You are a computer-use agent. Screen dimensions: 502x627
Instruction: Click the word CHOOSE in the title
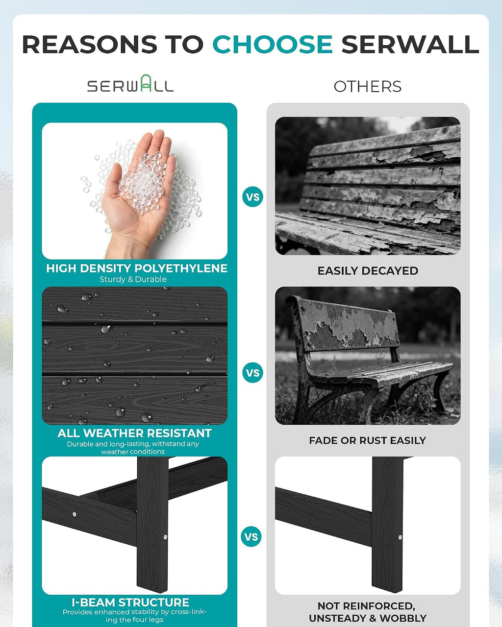click(x=273, y=44)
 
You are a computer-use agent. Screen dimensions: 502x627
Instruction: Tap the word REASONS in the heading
click(x=90, y=44)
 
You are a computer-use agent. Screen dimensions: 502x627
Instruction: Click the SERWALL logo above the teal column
click(x=130, y=84)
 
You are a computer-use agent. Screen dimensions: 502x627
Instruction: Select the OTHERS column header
click(x=368, y=87)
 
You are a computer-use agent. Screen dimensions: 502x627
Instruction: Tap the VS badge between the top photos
click(x=252, y=196)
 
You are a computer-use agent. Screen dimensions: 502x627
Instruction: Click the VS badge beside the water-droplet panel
click(x=252, y=373)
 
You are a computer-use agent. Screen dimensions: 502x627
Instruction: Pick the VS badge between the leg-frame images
click(x=251, y=536)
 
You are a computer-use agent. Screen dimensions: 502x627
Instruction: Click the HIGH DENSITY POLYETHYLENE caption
click(x=136, y=268)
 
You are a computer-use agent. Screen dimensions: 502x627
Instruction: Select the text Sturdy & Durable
click(x=133, y=279)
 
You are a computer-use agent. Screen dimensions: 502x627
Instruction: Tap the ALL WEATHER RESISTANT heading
click(x=134, y=433)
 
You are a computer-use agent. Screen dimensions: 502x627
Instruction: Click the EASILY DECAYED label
click(x=368, y=271)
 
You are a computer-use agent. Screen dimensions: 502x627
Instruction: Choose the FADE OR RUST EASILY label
click(x=368, y=440)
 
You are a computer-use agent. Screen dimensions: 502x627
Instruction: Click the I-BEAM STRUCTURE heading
click(x=130, y=602)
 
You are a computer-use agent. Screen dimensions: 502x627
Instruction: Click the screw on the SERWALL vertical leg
click(x=165, y=537)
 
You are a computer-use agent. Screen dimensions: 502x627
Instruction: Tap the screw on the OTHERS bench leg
click(x=400, y=537)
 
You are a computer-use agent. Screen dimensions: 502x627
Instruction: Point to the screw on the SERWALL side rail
click(x=75, y=514)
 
